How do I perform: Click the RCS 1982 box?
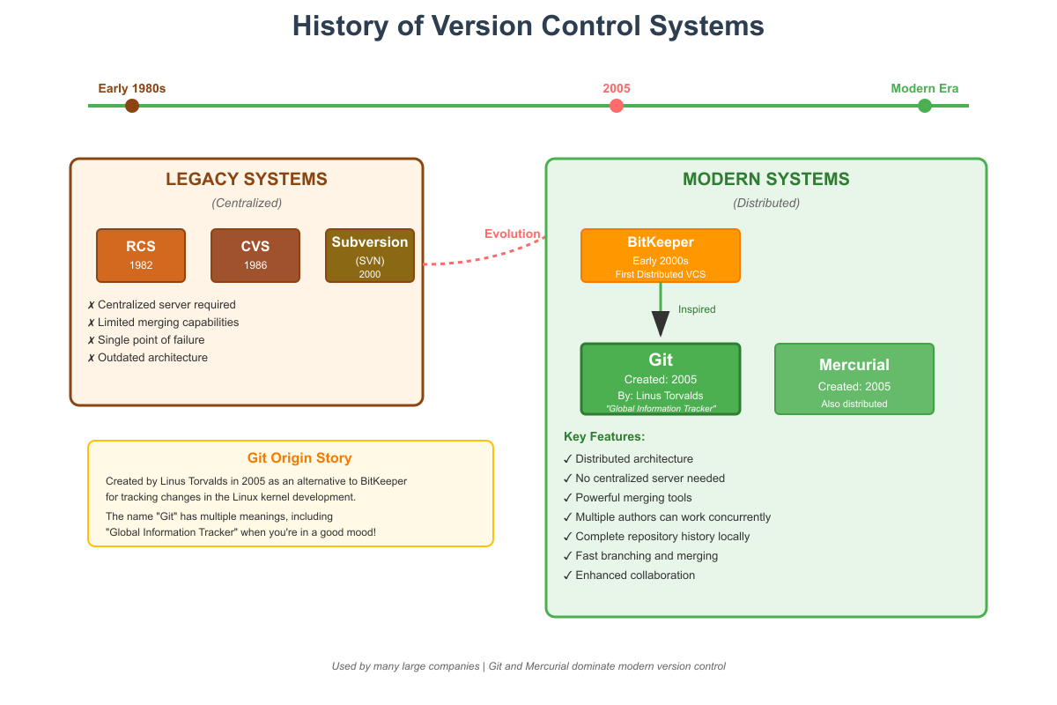pos(141,256)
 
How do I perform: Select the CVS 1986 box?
pos(255,256)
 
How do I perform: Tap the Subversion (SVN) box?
pos(370,256)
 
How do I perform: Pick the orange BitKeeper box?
pos(661,256)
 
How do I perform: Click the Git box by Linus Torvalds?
pos(661,379)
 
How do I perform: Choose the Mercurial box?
pos(854,379)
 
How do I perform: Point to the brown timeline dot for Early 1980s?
pos(132,106)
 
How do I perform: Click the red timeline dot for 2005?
pos(617,106)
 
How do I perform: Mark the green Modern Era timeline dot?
pos(925,106)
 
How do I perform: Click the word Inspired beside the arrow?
pos(697,309)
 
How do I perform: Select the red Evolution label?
pos(513,234)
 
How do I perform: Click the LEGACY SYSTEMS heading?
pos(247,179)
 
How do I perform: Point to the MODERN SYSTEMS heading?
pos(766,179)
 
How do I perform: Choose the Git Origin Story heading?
pos(299,458)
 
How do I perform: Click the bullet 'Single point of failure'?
pos(152,340)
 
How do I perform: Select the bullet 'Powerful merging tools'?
pos(633,498)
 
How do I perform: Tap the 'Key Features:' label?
pos(604,437)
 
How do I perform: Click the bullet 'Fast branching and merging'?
pos(646,556)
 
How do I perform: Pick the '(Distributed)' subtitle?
pos(766,204)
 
